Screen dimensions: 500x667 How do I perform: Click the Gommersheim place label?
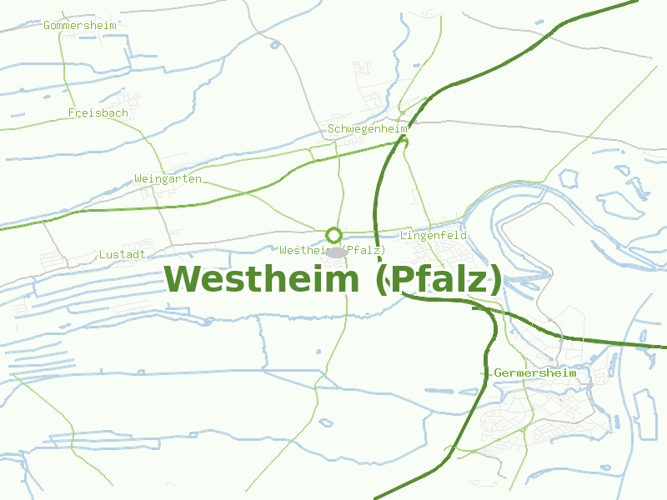80,25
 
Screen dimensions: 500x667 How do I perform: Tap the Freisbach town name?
98,112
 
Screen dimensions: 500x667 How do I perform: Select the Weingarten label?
168,179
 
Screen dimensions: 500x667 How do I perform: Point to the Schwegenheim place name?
367,129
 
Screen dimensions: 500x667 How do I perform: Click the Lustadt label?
122,254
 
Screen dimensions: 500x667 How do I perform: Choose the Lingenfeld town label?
433,236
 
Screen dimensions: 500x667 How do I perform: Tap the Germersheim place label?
535,373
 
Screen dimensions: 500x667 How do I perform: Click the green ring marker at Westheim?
333,235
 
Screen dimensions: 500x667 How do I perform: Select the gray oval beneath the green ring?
335,252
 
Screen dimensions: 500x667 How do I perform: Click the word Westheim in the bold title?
261,279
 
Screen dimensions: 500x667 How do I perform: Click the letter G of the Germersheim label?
498,373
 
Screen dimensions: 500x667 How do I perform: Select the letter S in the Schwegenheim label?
331,129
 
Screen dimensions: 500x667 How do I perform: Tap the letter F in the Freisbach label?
72,112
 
